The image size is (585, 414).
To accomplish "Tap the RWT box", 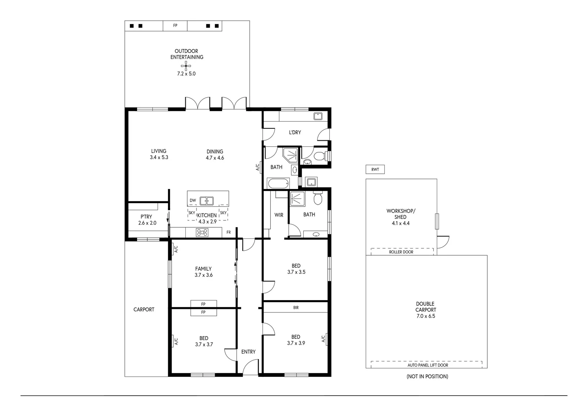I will (x=375, y=169).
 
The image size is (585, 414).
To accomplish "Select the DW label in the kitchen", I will (x=193, y=200).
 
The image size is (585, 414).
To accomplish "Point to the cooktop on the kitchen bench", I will (x=202, y=232).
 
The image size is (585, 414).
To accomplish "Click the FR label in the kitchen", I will (x=229, y=232).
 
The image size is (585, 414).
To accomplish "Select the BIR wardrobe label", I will (x=296, y=307).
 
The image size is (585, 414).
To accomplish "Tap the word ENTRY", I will (x=248, y=352).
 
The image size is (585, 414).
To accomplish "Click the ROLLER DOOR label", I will (x=401, y=252).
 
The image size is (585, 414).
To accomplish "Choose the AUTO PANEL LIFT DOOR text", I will (x=427, y=365).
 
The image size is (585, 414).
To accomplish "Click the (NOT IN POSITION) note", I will (x=427, y=376).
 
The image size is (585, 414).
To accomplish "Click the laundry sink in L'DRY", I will (x=318, y=116).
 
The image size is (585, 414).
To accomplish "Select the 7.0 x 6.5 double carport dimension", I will (x=426, y=316).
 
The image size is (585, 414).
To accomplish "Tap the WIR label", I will (x=279, y=215).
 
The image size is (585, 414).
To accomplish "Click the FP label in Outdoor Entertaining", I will (x=175, y=26).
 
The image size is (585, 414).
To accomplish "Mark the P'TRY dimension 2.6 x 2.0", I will (x=147, y=223).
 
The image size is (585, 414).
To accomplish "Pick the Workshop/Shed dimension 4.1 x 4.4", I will (x=400, y=223).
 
